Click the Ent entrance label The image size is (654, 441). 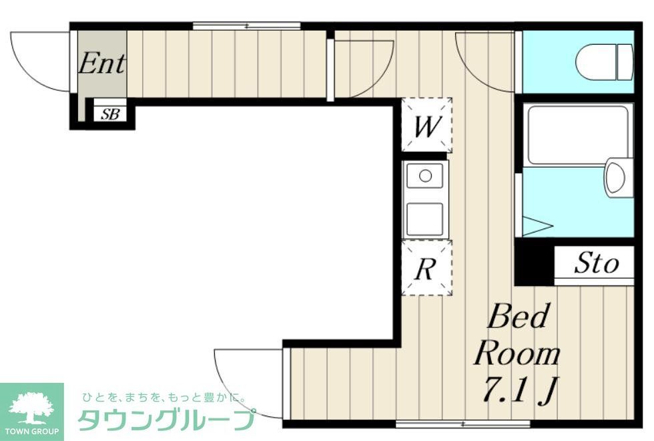point(101,64)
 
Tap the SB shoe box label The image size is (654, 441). point(109,114)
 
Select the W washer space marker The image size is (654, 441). point(426,126)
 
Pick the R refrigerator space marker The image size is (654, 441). point(426,269)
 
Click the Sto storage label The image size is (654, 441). point(595,264)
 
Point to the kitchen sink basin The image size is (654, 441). point(424,178)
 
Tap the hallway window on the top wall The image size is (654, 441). point(246,27)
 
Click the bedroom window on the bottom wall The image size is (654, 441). point(463,424)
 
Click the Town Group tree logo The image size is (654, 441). point(31,407)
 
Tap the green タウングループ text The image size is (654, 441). point(167,420)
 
